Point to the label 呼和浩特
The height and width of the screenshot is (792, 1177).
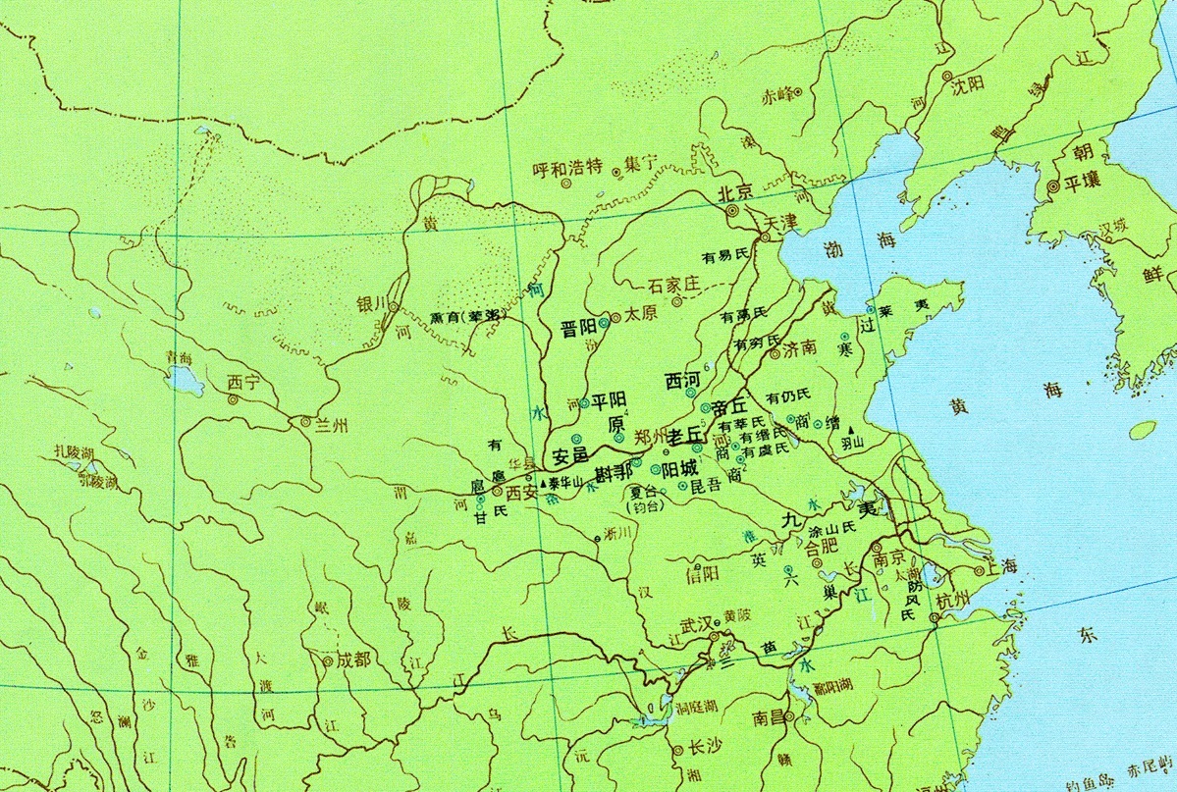(566, 168)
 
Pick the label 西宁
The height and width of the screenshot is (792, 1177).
(241, 382)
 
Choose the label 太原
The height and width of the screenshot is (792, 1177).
(640, 317)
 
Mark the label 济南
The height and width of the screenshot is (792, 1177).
(800, 347)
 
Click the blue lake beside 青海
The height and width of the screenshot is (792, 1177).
(183, 378)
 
